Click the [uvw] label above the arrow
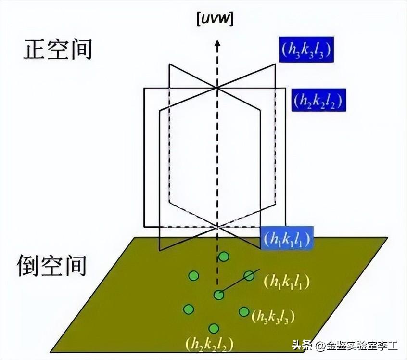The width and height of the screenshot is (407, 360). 217,20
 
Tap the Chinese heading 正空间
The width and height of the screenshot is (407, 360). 57,50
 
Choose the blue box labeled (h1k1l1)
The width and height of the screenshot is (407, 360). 287,239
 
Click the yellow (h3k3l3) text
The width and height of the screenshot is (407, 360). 273,316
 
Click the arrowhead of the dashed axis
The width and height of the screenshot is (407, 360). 217,45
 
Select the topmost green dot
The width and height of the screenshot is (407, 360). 223,257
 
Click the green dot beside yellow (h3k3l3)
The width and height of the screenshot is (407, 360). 244,312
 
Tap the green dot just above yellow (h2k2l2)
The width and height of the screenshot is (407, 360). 214,328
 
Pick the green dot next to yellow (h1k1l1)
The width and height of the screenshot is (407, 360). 249,275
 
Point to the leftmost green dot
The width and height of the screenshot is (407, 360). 189,309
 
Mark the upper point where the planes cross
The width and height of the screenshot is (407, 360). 217,87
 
